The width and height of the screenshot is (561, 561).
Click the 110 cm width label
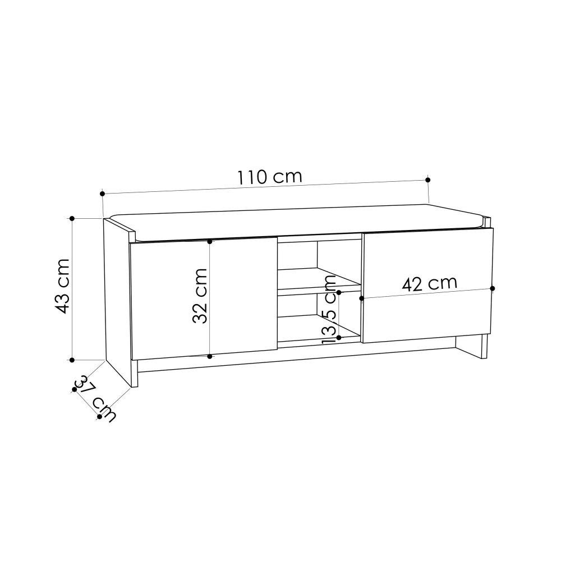click(x=269, y=177)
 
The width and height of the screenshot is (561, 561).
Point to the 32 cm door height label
click(x=200, y=296)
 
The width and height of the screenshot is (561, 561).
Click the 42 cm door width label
click(x=430, y=283)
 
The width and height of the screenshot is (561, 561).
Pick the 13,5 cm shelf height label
click(x=330, y=317)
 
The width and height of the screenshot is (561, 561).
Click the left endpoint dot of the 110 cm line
click(x=103, y=194)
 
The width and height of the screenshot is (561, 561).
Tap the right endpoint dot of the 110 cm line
click(x=428, y=180)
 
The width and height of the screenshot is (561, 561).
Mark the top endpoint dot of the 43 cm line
click(x=72, y=218)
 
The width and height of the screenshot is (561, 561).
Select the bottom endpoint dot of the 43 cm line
click(x=72, y=359)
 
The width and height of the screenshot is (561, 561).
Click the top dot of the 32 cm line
click(x=209, y=242)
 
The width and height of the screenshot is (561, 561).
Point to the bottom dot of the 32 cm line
click(x=209, y=356)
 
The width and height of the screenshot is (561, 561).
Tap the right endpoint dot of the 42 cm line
click(x=493, y=288)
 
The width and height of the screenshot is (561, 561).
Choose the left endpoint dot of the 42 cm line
click(x=362, y=297)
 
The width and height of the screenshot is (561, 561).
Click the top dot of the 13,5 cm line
click(x=339, y=292)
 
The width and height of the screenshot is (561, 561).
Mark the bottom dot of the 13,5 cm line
click(x=339, y=338)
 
